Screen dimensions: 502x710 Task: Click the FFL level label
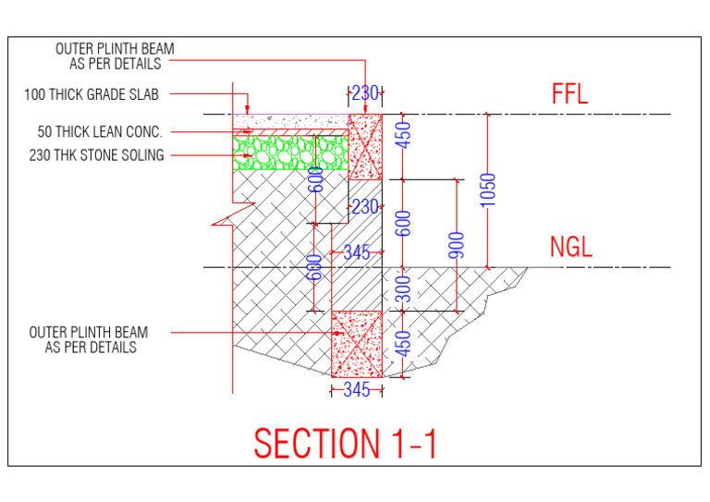point(569,94)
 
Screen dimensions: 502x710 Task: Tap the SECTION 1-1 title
point(346,444)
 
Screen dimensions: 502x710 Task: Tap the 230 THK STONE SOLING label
point(96,155)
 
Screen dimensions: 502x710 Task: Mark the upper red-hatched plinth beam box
point(365,147)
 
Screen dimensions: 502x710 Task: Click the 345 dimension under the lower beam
point(356,390)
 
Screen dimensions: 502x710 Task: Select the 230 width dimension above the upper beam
point(365,92)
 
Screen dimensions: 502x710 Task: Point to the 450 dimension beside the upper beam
point(403,135)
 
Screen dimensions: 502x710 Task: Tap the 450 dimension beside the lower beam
point(403,344)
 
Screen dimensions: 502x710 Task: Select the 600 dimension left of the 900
point(403,223)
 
